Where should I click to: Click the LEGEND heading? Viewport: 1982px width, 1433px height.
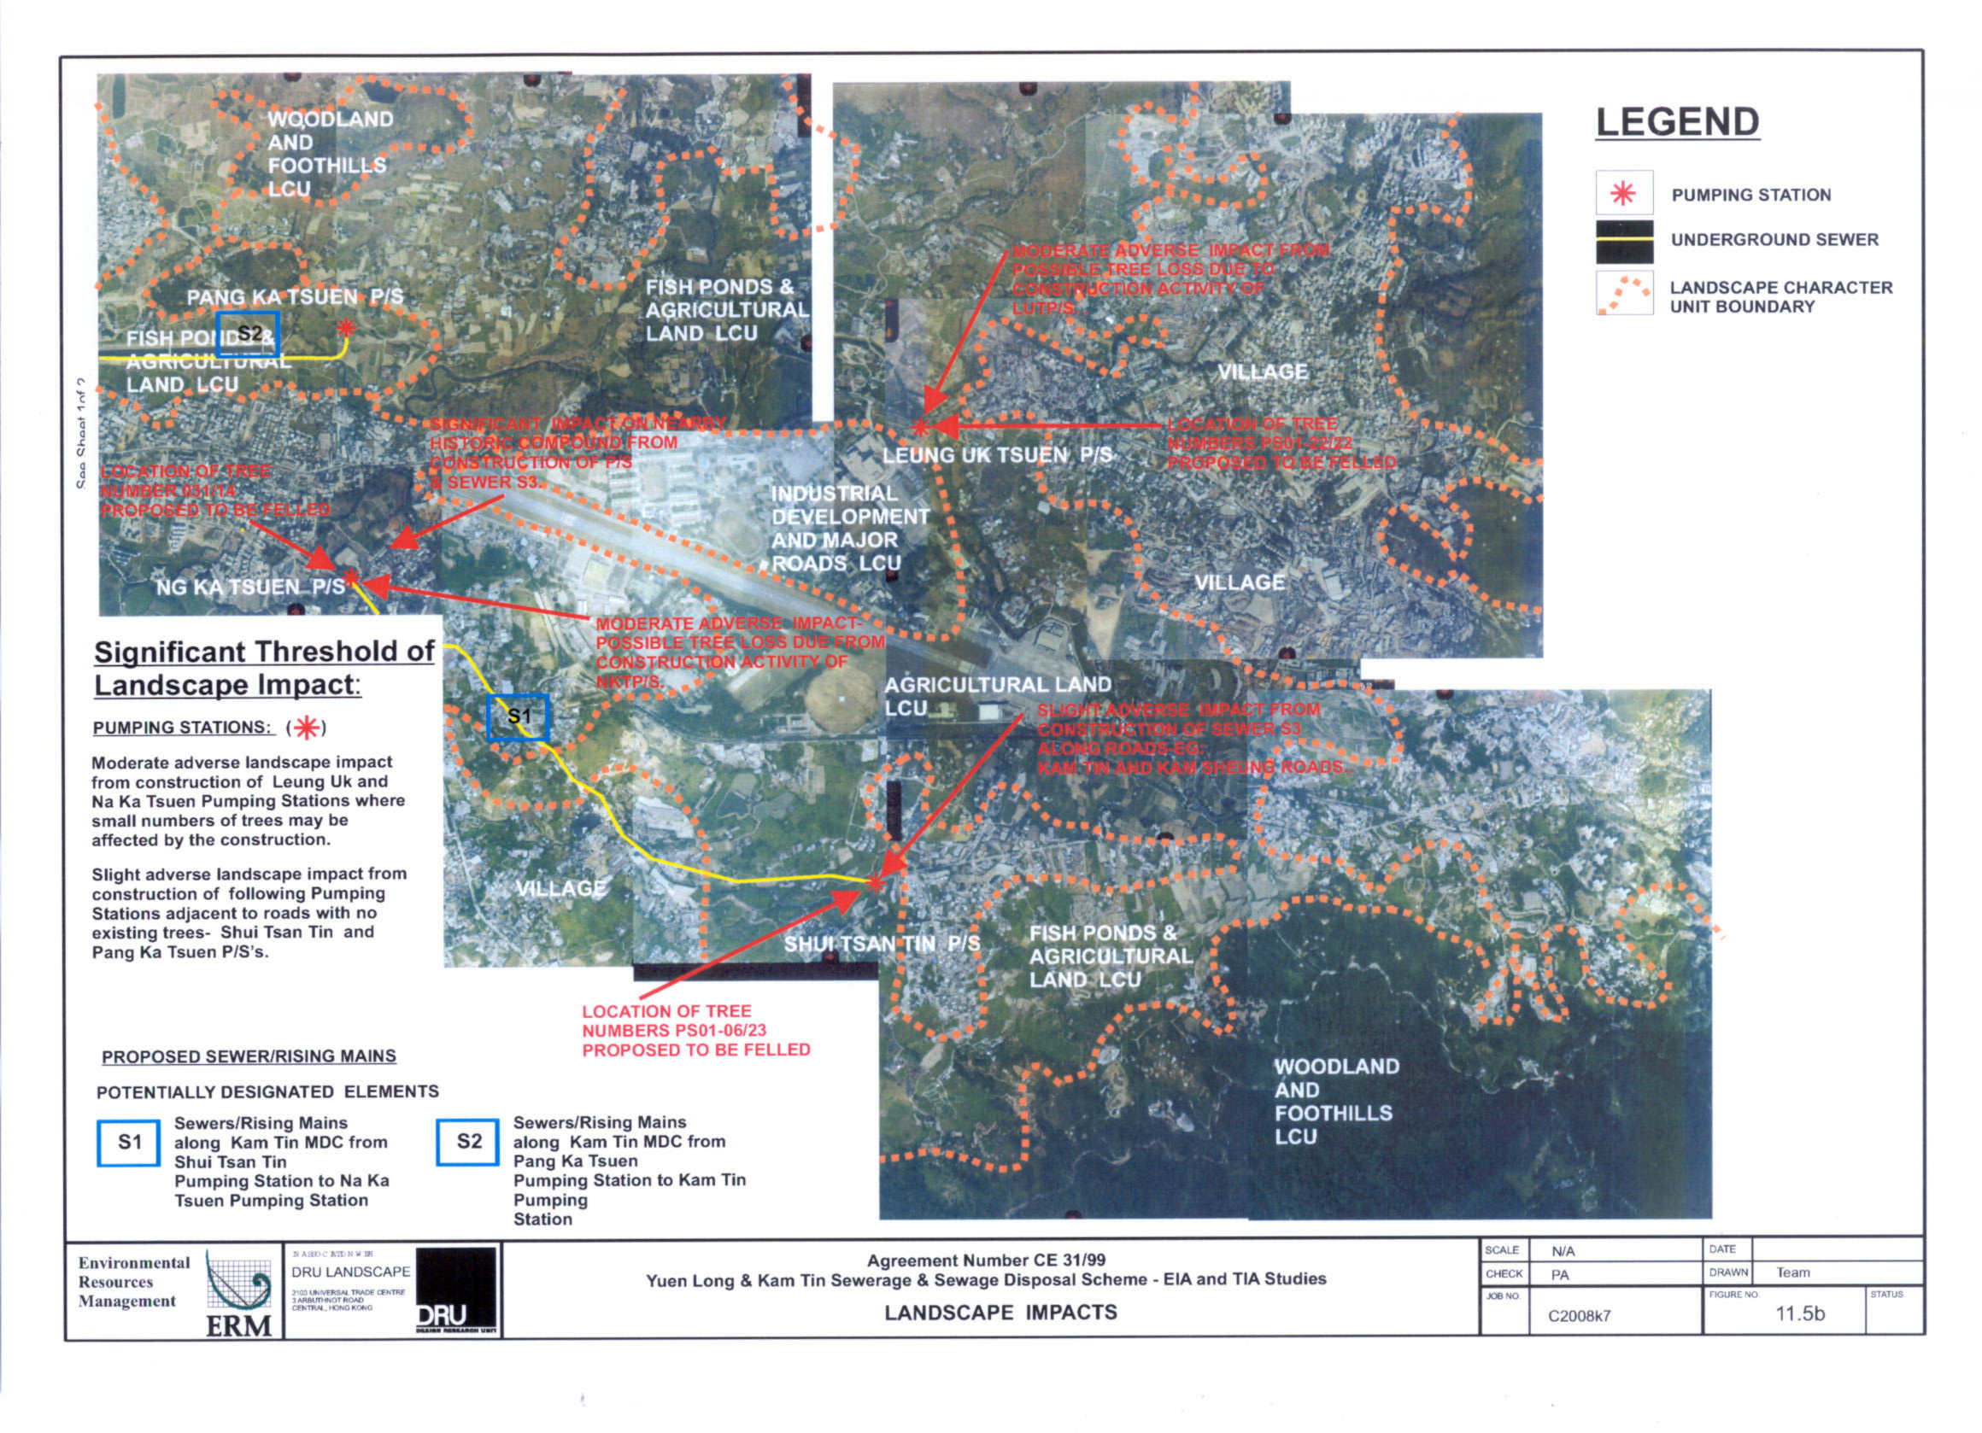[x=1677, y=122]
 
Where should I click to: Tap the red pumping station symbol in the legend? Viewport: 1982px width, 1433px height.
[x=1623, y=193]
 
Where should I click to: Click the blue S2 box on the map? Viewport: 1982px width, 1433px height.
[x=249, y=334]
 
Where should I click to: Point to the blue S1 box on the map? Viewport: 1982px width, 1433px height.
[x=519, y=716]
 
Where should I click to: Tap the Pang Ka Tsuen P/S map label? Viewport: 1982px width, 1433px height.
[x=295, y=297]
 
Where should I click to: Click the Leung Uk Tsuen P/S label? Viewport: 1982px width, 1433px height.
[x=996, y=455]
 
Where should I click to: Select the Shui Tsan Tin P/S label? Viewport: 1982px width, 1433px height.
[x=881, y=944]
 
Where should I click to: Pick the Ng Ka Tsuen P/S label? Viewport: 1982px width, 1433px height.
[x=251, y=588]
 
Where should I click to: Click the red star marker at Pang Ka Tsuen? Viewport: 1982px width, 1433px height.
[x=346, y=328]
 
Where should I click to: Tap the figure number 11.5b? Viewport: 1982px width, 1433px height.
[x=1799, y=1313]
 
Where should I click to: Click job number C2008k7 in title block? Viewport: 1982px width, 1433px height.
[x=1578, y=1316]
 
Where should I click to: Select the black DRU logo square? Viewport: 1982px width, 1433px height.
[x=455, y=1290]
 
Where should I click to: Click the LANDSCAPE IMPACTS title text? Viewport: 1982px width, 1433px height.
[x=1000, y=1313]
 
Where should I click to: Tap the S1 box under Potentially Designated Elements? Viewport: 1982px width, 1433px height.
[x=128, y=1142]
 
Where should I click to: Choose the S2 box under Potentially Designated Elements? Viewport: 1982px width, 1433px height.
[x=468, y=1141]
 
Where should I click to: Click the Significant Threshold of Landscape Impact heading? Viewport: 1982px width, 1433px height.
[x=264, y=668]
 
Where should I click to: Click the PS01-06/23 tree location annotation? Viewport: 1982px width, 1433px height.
[x=695, y=1030]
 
